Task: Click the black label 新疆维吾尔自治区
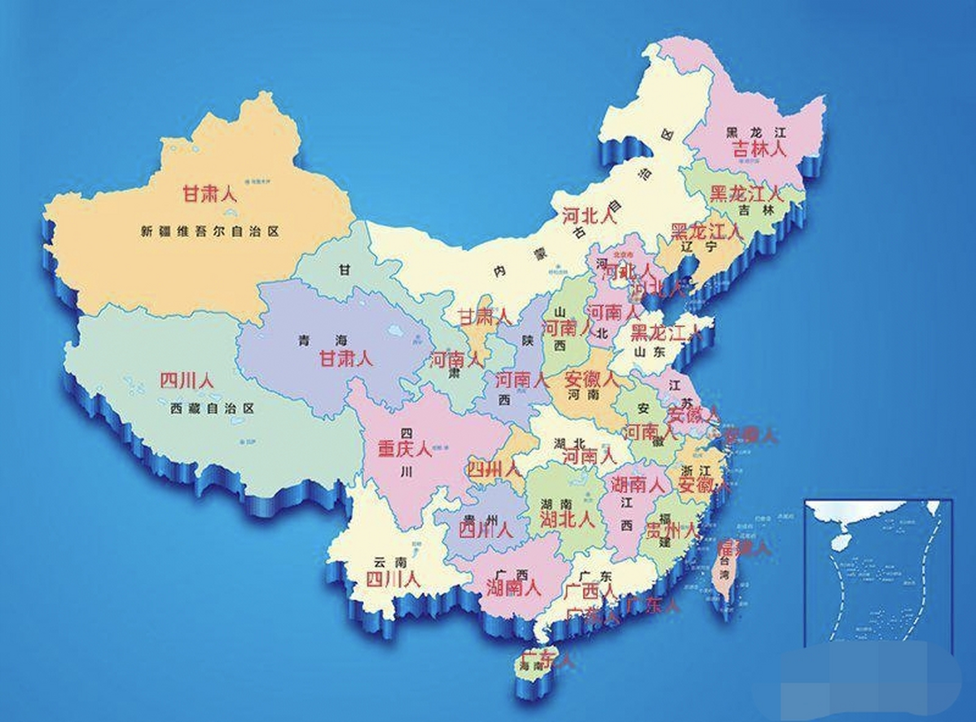[x=210, y=231]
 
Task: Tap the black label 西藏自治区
[x=212, y=408]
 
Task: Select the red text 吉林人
[x=758, y=149]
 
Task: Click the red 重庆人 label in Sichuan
[x=405, y=449]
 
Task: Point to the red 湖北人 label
[x=567, y=520]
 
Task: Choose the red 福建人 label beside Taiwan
[x=743, y=547]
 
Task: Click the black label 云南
[x=390, y=562]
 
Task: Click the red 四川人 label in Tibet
[x=187, y=381]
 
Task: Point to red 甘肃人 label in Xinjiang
[x=209, y=195]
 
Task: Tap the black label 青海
[x=322, y=341]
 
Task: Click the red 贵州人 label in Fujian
[x=671, y=530]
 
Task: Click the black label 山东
[x=649, y=352]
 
